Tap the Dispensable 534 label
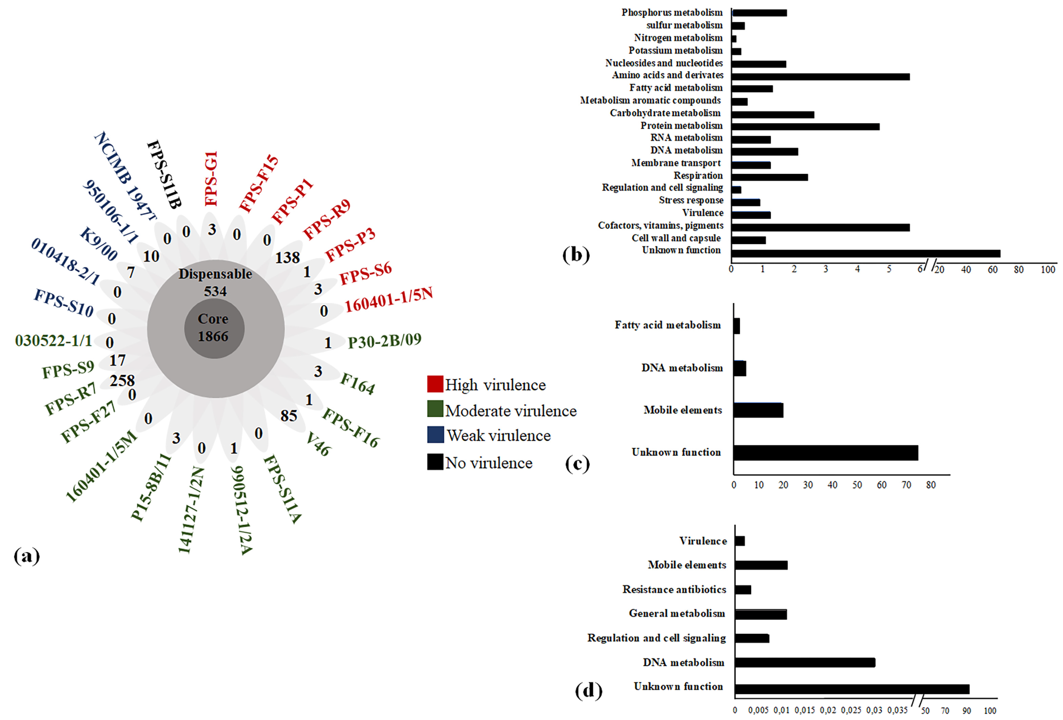(x=215, y=282)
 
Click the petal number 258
(x=122, y=380)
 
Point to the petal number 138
(x=287, y=258)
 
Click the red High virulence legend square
(x=434, y=384)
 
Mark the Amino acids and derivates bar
(x=820, y=76)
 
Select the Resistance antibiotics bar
(x=743, y=590)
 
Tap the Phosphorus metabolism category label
(x=672, y=12)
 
